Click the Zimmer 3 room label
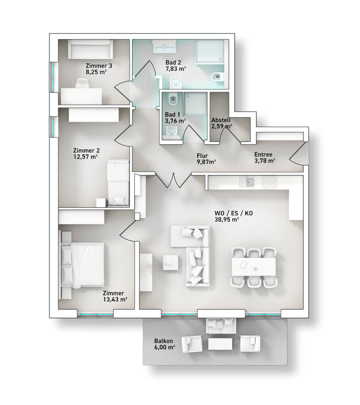click(x=99, y=66)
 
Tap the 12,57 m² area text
click(x=85, y=157)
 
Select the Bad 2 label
click(x=173, y=63)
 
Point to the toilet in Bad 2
click(x=217, y=77)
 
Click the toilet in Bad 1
click(x=173, y=99)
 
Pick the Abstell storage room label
click(x=221, y=120)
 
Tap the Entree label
click(x=263, y=154)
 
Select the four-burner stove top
click(x=269, y=182)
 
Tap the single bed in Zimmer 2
click(x=118, y=183)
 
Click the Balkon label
click(x=163, y=341)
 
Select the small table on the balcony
click(x=220, y=344)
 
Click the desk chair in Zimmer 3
click(x=83, y=84)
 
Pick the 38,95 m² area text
click(x=226, y=220)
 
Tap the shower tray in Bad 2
click(x=210, y=51)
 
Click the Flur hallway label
click(x=202, y=156)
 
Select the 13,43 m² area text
click(x=115, y=299)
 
